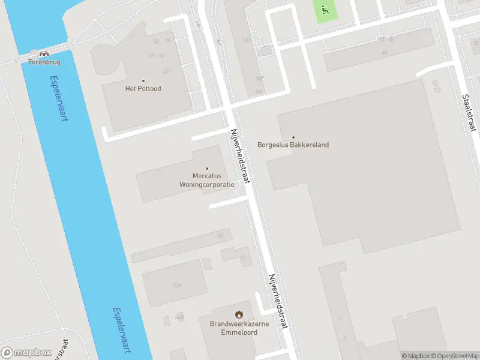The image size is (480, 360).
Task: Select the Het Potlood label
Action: (x=143, y=89)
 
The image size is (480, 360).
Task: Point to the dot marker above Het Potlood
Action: (x=143, y=81)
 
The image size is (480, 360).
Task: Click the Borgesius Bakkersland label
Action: (x=293, y=145)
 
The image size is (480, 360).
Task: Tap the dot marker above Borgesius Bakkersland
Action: (x=293, y=137)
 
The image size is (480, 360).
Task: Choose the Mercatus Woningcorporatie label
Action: (x=206, y=181)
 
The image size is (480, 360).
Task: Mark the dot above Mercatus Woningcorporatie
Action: (x=207, y=169)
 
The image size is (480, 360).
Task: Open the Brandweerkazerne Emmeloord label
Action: (x=238, y=328)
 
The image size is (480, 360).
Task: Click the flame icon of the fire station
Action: (x=239, y=314)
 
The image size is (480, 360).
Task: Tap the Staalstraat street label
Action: (x=469, y=113)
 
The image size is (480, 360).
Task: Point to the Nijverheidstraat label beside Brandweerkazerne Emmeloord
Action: (x=278, y=301)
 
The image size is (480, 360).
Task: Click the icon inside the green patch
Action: (x=325, y=9)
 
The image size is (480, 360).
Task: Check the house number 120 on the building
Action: (x=245, y=40)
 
